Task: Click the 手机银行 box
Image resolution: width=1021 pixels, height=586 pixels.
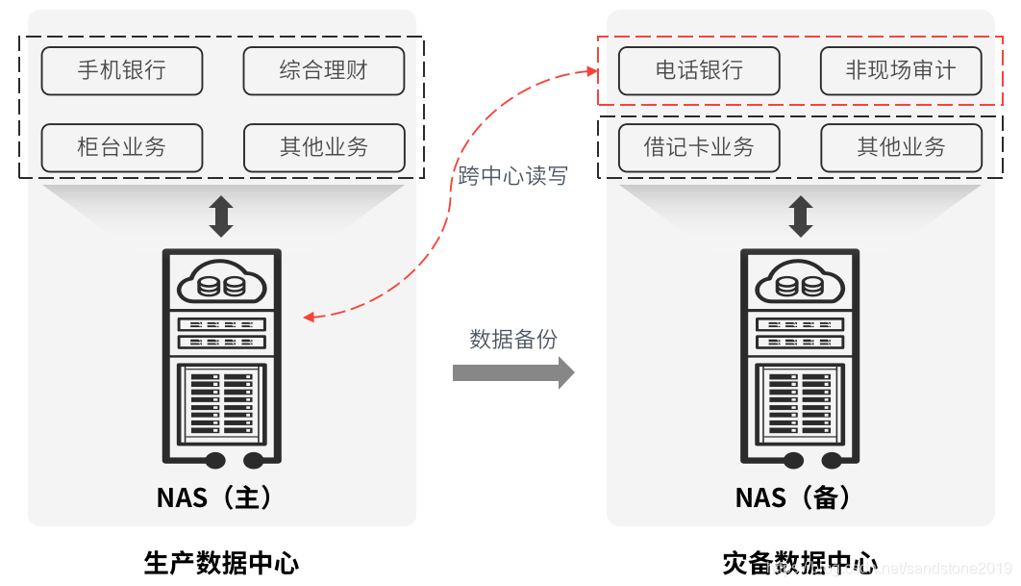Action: point(122,71)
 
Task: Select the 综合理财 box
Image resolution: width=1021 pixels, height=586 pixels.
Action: point(324,71)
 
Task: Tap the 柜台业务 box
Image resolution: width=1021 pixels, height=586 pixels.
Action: point(122,147)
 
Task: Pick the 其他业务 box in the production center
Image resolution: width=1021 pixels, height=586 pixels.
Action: point(324,147)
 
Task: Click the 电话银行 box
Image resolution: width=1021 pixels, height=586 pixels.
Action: point(699,71)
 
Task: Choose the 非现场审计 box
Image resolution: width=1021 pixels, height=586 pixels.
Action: point(901,71)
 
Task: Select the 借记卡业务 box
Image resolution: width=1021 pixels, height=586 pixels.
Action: point(699,147)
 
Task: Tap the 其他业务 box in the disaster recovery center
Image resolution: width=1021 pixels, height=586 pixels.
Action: point(901,147)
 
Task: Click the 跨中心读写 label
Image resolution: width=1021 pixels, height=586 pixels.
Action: point(512,176)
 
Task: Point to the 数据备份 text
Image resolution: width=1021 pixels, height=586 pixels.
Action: point(512,339)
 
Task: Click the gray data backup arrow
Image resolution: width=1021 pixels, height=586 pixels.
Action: point(512,371)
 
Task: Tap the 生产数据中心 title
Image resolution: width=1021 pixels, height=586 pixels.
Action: point(221,563)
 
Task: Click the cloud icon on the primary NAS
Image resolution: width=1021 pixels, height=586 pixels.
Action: point(222,283)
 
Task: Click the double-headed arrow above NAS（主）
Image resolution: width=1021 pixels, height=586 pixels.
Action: point(222,217)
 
